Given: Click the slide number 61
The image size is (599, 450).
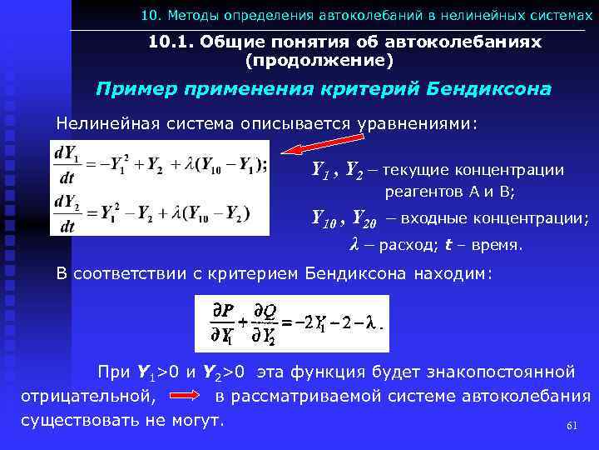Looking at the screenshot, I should point(571,425).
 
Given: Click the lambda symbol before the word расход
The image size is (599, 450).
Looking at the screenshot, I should point(354,245).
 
